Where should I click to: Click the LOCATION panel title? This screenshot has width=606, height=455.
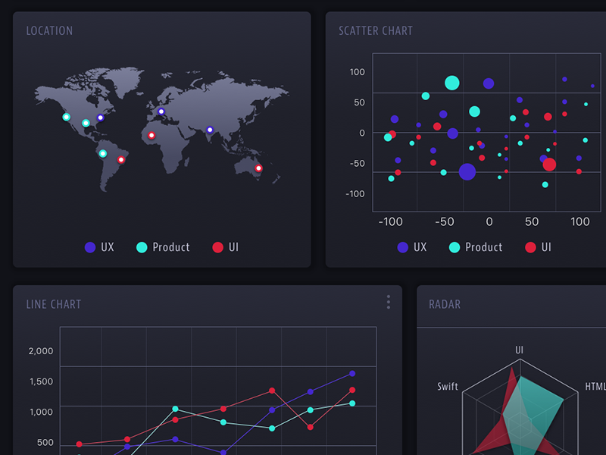click(x=49, y=31)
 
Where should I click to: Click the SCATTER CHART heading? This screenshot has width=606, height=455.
click(x=376, y=31)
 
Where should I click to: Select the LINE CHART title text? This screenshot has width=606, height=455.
click(x=53, y=304)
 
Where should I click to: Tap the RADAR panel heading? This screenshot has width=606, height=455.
click(x=445, y=304)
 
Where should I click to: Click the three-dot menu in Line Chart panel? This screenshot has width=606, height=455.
click(x=389, y=302)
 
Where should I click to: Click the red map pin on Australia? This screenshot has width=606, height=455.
click(x=258, y=168)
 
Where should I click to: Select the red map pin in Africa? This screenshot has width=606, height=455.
click(x=151, y=136)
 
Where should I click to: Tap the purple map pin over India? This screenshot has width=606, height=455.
click(x=210, y=130)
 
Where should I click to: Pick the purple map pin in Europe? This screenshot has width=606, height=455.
click(x=161, y=111)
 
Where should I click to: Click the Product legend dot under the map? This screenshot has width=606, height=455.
click(x=142, y=247)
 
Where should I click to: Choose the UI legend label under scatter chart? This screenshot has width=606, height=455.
click(x=546, y=247)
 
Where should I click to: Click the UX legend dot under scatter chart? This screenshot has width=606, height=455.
click(x=403, y=247)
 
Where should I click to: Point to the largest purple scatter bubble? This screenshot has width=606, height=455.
click(x=467, y=171)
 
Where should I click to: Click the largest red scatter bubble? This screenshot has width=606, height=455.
click(x=549, y=165)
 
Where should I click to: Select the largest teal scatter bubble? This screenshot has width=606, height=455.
click(x=452, y=83)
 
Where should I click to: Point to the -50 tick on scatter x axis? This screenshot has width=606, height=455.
click(x=443, y=222)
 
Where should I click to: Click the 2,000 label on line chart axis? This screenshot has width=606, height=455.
click(x=41, y=351)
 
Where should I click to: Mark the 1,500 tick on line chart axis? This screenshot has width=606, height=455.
click(x=41, y=381)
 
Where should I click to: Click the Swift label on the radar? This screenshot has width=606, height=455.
click(x=448, y=387)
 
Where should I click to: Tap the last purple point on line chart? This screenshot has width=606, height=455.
click(x=352, y=373)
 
